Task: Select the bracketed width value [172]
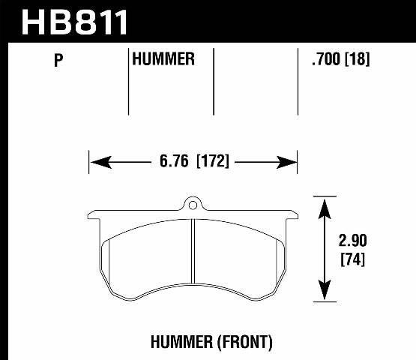[x=212, y=161]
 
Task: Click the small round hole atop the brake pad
[x=193, y=204]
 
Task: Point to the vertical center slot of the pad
[x=193, y=255]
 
